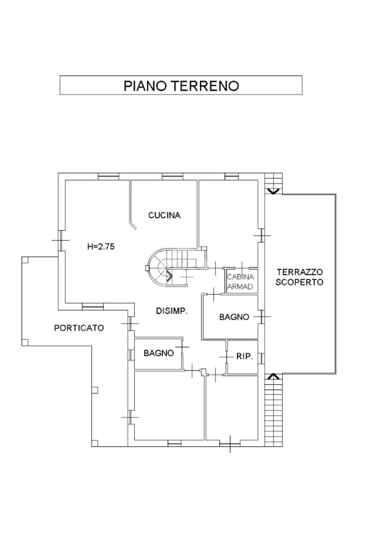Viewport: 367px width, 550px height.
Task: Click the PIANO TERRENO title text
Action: pyautogui.click(x=181, y=86)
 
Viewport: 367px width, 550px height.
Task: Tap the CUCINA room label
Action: pyautogui.click(x=164, y=215)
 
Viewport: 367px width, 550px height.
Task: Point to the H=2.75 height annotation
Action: pyautogui.click(x=101, y=247)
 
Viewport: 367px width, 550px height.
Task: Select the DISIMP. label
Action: pyautogui.click(x=172, y=311)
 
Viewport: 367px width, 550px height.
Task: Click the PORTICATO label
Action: pyautogui.click(x=79, y=328)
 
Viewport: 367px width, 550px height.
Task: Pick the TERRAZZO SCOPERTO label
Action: pyautogui.click(x=299, y=277)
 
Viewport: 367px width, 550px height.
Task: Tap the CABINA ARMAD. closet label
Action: pyautogui.click(x=241, y=281)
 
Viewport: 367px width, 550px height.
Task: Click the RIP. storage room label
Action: pyautogui.click(x=244, y=356)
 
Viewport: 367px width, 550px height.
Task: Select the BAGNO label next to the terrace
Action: pyautogui.click(x=234, y=317)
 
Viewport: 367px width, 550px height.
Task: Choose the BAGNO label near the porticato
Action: pyautogui.click(x=159, y=353)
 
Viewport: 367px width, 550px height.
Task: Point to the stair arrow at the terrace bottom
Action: pyautogui.click(x=274, y=376)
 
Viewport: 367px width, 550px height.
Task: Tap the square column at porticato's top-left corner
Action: pyautogui.click(x=25, y=260)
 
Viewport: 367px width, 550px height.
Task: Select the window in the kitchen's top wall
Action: pyautogui.click(x=173, y=177)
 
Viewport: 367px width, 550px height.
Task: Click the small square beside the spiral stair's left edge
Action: pyautogui.click(x=147, y=269)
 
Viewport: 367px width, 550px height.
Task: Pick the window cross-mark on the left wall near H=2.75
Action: pyautogui.click(x=61, y=240)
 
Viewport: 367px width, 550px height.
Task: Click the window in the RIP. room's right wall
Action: pyautogui.click(x=261, y=358)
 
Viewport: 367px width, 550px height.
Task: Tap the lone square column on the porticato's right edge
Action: pyautogui.click(x=95, y=390)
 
